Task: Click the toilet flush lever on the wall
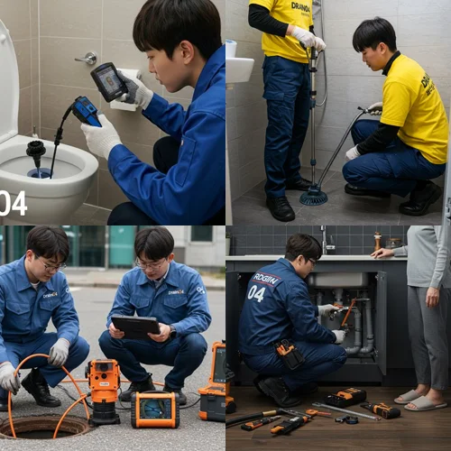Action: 88,59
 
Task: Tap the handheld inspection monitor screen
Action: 108,81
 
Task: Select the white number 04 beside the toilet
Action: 13,202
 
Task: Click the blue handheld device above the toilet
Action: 87,111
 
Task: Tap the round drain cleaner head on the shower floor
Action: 314,196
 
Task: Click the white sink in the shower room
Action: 240,69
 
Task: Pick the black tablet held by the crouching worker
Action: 135,327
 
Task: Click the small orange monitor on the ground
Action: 154,409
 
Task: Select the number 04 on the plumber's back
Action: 256,293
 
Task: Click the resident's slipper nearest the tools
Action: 408,396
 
